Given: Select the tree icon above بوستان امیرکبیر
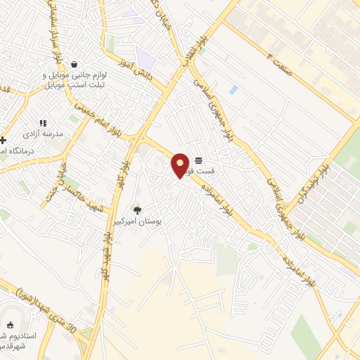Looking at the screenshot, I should click(x=137, y=210).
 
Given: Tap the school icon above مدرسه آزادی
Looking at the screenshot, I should click(x=44, y=122).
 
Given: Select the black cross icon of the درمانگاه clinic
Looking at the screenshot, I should click(x=4, y=141).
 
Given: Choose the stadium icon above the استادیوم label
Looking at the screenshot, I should click(x=10, y=325).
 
